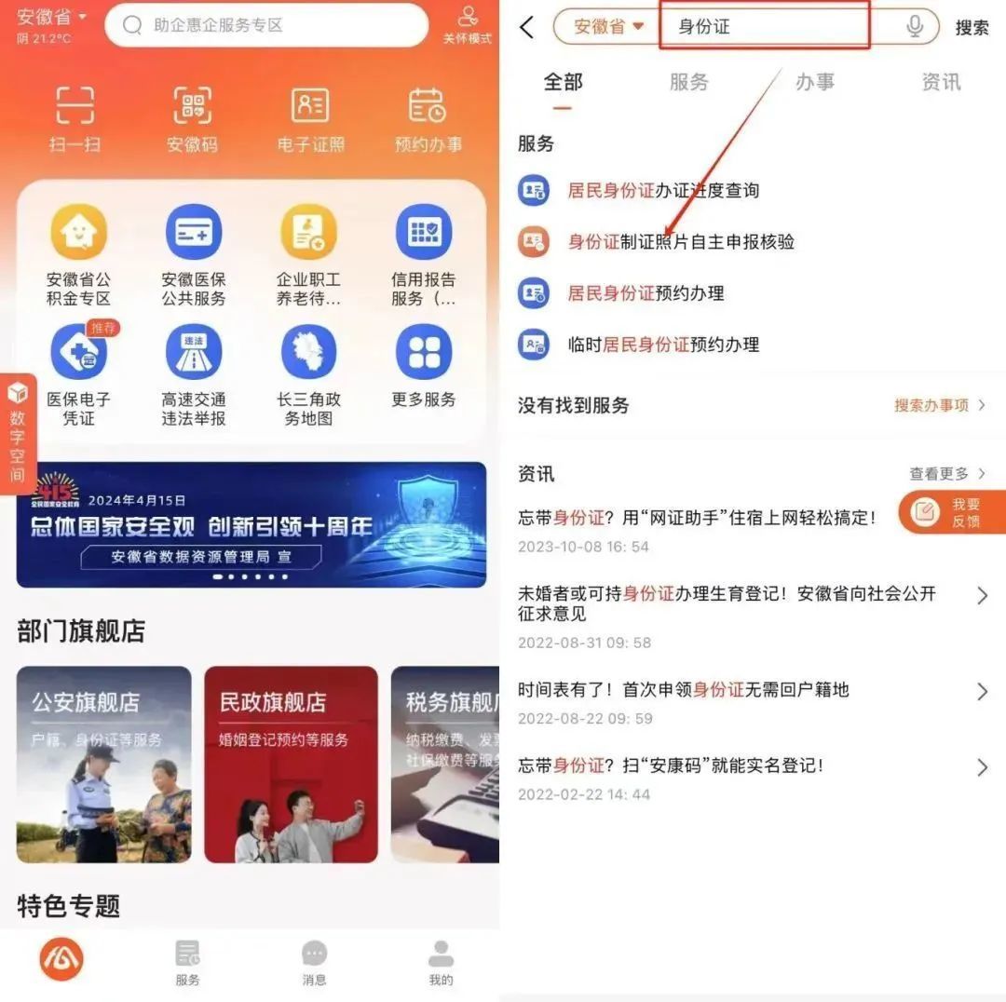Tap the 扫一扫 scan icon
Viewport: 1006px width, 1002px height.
point(75,107)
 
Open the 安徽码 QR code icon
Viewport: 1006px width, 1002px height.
point(192,107)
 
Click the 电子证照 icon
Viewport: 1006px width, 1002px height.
point(310,107)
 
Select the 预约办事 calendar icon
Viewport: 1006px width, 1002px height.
point(428,107)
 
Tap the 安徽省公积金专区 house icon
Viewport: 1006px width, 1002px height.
point(78,233)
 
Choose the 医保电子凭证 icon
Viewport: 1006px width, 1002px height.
point(78,353)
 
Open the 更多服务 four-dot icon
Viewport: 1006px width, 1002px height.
point(424,353)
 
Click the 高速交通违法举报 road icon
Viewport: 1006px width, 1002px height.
point(194,353)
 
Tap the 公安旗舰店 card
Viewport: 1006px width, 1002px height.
point(103,764)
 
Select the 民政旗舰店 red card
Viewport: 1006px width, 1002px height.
point(291,764)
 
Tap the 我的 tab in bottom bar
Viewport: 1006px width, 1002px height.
point(441,962)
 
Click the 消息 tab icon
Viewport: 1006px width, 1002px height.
point(315,962)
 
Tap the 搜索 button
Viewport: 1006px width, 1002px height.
point(972,28)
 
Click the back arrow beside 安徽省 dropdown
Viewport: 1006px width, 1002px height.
point(527,27)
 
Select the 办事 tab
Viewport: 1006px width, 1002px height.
point(814,82)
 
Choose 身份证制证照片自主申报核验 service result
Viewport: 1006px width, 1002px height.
point(680,242)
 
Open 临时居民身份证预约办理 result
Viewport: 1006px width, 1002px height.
point(663,345)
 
